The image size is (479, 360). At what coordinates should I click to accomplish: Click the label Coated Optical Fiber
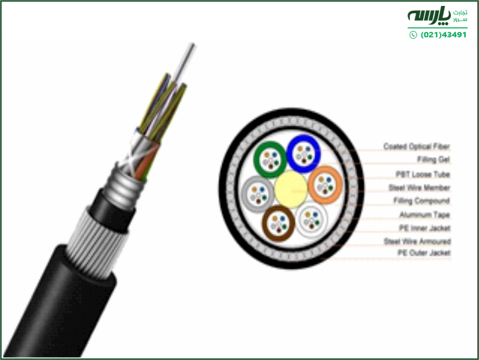tap(417, 146)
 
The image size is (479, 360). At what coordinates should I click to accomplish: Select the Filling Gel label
tap(433, 160)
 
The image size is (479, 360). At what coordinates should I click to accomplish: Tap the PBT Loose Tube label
tap(423, 175)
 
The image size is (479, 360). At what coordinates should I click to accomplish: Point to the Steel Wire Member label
tap(420, 187)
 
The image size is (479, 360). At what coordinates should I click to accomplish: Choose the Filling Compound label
tap(421, 200)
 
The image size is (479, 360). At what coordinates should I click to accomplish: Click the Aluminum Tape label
tap(424, 215)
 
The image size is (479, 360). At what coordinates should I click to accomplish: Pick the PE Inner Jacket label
tap(424, 228)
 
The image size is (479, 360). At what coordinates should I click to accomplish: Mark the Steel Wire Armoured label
tap(417, 241)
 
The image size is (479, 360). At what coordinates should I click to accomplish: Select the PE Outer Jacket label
tap(424, 253)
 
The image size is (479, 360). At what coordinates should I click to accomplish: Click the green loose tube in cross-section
tap(270, 159)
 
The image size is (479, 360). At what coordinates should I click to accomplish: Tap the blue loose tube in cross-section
tap(304, 154)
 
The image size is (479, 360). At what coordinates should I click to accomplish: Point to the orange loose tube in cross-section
tap(325, 185)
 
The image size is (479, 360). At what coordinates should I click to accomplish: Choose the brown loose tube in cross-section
tap(278, 224)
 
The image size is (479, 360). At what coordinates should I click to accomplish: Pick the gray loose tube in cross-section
tap(258, 194)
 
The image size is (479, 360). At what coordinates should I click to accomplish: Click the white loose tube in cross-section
tap(312, 220)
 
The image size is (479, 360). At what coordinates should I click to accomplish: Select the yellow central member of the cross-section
tap(291, 190)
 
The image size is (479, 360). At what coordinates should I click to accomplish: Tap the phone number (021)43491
tap(444, 35)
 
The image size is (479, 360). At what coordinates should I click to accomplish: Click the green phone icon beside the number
tap(413, 35)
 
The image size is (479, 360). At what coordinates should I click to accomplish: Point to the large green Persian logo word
tap(429, 16)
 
